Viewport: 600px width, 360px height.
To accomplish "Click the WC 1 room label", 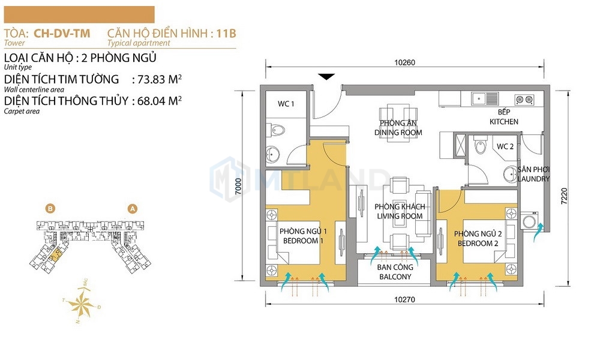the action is [286, 104].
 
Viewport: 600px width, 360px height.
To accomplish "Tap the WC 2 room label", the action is [505, 146].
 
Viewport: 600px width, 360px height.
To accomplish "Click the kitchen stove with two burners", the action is [524, 100].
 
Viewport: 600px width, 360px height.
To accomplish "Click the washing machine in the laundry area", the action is [530, 221].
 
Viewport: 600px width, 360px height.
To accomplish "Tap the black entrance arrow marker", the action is [326, 77].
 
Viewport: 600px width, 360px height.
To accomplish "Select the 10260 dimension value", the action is [404, 62].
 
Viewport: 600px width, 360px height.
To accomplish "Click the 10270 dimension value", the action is [404, 299].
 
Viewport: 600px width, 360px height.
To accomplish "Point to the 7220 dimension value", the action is [564, 196].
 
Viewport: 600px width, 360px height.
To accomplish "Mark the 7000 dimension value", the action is [238, 187].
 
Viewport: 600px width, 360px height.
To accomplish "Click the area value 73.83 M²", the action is [160, 79].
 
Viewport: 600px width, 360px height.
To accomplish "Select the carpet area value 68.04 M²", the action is [160, 101].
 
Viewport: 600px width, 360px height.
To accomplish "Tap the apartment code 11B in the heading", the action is [226, 34].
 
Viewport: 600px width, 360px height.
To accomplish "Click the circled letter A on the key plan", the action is [133, 209].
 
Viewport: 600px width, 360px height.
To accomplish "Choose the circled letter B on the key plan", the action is [50, 209].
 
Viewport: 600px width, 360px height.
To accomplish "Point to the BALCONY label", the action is [395, 277].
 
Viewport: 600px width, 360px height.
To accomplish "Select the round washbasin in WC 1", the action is [273, 155].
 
